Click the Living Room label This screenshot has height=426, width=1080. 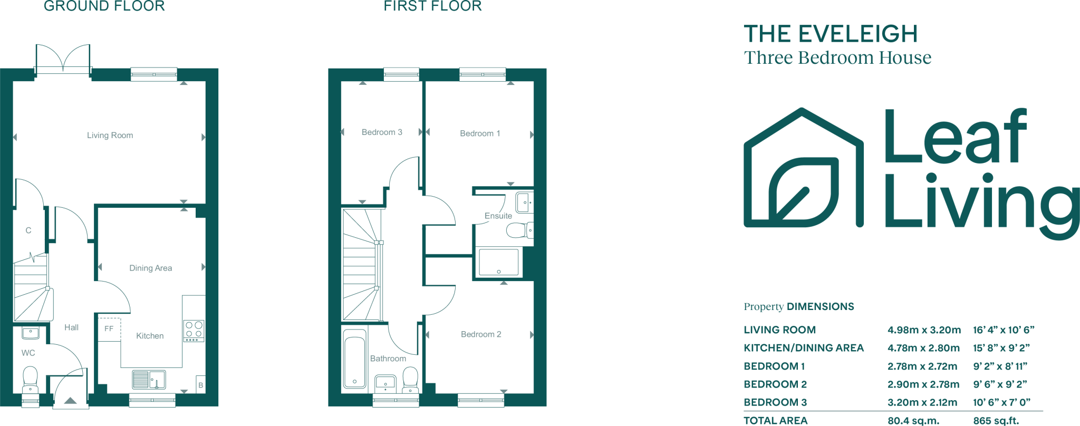point(110,135)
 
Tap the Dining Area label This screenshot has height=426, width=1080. point(151,268)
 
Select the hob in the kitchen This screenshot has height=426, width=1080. point(194,331)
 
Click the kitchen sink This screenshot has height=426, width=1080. point(149,379)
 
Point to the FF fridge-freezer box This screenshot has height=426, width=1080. point(109,328)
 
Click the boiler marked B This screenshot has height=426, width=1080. point(200,385)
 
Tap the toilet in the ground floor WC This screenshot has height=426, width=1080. point(30,380)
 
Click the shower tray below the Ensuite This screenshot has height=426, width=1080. point(498,263)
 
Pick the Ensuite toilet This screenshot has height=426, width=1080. point(519,230)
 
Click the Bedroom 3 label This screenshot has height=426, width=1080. point(382,132)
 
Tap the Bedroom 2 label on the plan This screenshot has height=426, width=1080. point(481,334)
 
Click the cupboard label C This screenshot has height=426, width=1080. point(28,230)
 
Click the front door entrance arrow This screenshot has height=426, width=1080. point(70,401)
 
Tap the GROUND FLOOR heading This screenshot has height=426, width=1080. point(104,6)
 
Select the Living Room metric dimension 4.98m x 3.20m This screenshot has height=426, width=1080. point(924,330)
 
